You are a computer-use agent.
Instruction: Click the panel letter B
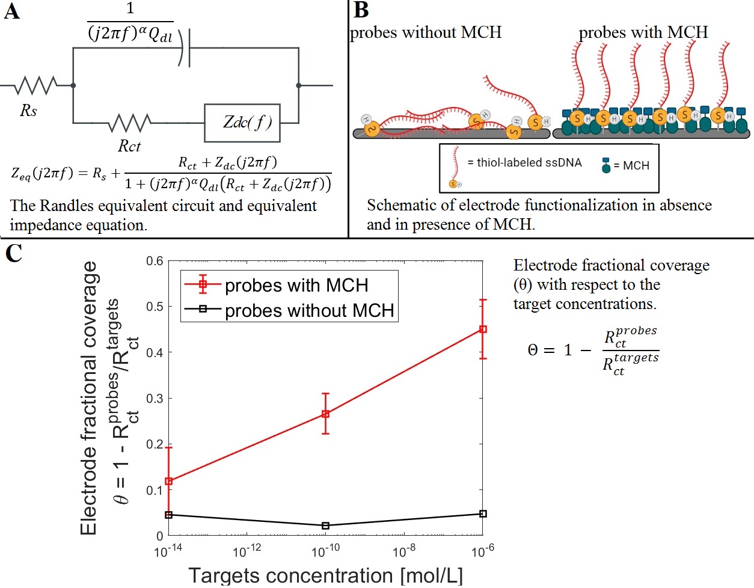361,10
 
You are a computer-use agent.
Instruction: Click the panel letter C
13,253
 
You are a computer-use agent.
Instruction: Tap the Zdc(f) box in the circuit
247,123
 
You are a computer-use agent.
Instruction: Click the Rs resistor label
28,111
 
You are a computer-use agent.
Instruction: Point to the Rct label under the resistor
129,146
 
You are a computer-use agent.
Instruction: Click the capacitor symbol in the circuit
185,48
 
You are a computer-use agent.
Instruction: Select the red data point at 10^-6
483,329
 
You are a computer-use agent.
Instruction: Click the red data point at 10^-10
326,414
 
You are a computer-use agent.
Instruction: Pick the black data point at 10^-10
326,525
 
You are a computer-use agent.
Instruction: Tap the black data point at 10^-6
483,514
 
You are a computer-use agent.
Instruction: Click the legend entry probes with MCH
296,285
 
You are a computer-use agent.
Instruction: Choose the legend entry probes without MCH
309,310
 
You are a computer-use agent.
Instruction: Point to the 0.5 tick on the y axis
155,307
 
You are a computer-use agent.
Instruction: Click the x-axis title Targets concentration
325,575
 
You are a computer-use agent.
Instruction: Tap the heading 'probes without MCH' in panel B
426,32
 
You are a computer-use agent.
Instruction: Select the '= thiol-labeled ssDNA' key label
524,162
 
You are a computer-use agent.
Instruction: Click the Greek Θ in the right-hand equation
533,351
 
